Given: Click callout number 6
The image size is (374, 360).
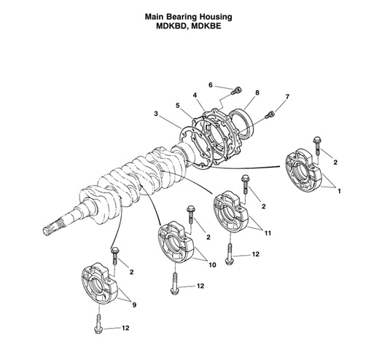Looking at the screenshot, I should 211,85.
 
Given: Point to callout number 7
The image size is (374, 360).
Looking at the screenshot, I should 287,97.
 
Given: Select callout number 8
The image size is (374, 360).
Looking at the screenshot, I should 257,93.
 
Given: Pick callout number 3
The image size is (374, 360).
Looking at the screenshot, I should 156,114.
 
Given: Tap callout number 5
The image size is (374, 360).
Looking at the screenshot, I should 177,105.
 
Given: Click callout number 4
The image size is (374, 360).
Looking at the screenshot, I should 195,95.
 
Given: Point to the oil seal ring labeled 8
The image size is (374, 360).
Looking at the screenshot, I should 242,120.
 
